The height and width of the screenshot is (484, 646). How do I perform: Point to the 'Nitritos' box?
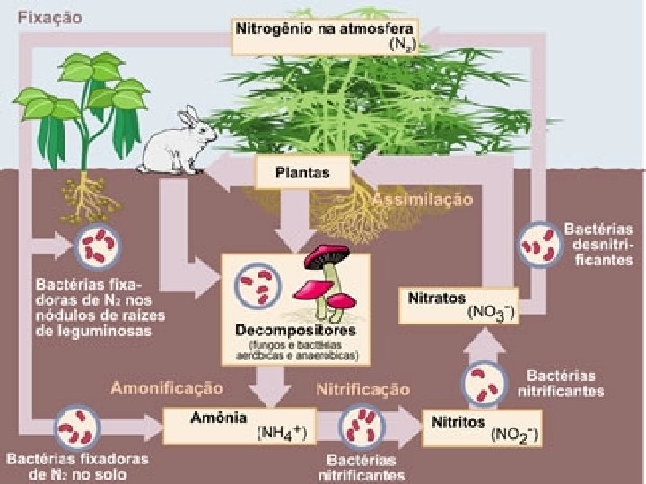(x=472, y=427)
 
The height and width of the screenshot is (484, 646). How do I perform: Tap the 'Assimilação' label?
(x=423, y=198)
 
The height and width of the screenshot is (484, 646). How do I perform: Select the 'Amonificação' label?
(x=166, y=388)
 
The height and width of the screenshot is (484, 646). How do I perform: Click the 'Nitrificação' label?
(x=362, y=389)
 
